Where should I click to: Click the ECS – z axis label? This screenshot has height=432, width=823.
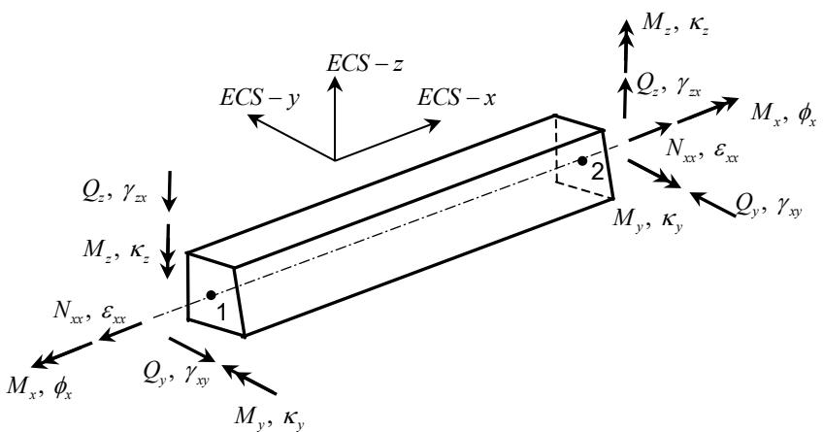[x=365, y=63]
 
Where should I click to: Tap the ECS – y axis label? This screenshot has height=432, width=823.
[x=259, y=98]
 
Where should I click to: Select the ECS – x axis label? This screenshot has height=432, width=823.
[x=456, y=98]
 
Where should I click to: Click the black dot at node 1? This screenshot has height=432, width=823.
[x=211, y=295]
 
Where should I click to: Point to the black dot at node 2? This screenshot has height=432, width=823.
[x=582, y=161]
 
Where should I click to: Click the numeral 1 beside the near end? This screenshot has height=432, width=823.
[x=221, y=313]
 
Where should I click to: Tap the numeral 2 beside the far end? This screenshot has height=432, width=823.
[x=597, y=172]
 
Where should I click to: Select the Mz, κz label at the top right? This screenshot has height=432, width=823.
[x=676, y=25]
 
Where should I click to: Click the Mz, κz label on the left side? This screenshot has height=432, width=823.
[x=116, y=250]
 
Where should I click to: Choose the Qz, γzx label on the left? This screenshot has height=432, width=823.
[x=115, y=194]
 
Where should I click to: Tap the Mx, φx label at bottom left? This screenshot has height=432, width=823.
[x=40, y=388]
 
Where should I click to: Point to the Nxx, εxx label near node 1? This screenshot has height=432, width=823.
[x=89, y=312]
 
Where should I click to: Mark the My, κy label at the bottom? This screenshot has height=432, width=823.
[x=270, y=417]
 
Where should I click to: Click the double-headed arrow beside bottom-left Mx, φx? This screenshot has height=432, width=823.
[x=62, y=355]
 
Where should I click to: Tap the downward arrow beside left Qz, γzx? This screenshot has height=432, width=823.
[x=169, y=191]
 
